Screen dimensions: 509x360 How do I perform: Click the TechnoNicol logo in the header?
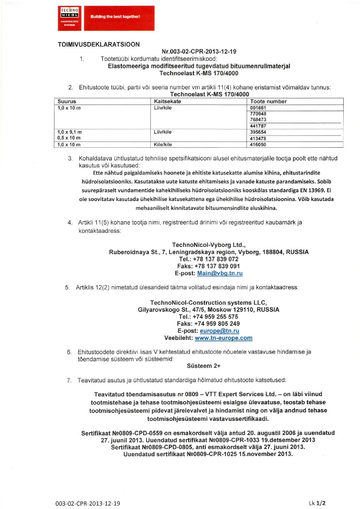[x=69, y=18]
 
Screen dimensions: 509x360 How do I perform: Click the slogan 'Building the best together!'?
[x=115, y=17]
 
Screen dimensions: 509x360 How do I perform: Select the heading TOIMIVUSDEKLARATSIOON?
[x=99, y=45]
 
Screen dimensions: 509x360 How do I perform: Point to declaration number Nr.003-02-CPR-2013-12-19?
[x=199, y=52]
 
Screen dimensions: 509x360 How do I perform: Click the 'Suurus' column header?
[x=67, y=101]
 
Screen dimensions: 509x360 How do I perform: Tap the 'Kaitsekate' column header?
[x=167, y=101]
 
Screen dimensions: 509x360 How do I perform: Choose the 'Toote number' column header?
[x=268, y=101]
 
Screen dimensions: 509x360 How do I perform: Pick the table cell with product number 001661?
[x=258, y=108]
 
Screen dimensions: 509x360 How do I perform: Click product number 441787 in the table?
[x=258, y=126]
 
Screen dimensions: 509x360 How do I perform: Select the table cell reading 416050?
[x=258, y=145]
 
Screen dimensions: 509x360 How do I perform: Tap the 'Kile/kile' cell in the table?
[x=163, y=145]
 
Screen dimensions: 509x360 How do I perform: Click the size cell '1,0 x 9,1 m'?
[x=69, y=132]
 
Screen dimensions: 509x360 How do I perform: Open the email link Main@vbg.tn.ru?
[x=220, y=273]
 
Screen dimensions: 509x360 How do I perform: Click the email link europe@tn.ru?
[x=219, y=331]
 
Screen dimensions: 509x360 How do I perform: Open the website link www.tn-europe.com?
[x=224, y=338]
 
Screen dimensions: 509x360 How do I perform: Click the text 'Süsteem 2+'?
[x=203, y=366]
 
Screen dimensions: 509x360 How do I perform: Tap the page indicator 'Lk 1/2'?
[x=317, y=503]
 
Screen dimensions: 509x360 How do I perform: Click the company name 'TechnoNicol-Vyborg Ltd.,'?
[x=209, y=245]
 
